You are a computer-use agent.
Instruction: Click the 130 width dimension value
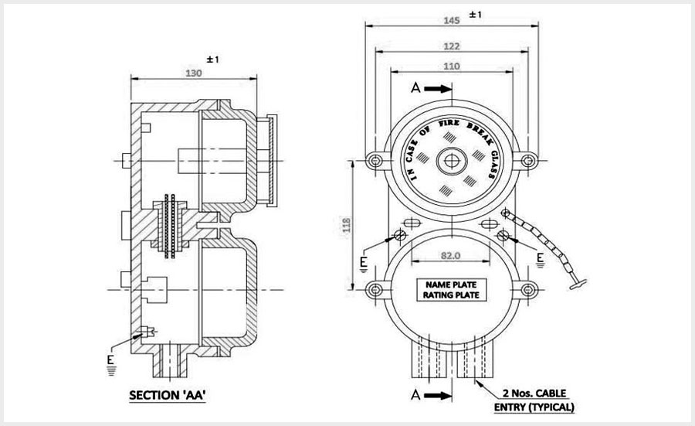coord(195,73)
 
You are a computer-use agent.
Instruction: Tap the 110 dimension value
coord(453,66)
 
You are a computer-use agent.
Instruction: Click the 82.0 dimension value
coord(453,255)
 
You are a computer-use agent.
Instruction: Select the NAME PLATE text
coord(453,284)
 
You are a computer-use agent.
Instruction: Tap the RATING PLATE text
coord(453,295)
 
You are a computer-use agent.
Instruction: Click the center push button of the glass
coord(453,161)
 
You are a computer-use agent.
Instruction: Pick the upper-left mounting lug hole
coord(377,161)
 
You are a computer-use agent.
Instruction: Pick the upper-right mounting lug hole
coord(528,161)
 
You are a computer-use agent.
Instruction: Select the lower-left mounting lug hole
coord(377,291)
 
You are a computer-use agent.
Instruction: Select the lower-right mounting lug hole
coord(528,291)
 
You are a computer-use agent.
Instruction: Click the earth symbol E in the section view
coord(113,363)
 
